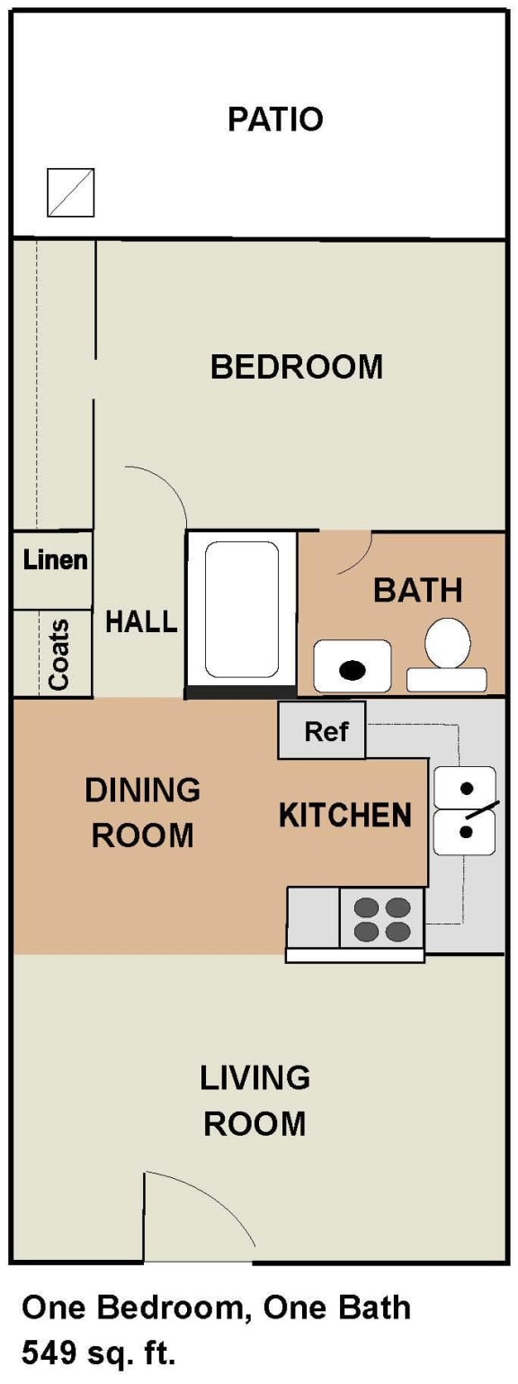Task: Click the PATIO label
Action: pos(274,120)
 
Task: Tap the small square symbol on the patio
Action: pos(70,192)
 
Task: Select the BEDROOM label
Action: pos(296,367)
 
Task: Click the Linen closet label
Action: pos(55,559)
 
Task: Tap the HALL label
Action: pos(141,621)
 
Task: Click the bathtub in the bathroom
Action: pos(241,609)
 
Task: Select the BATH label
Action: pos(417,591)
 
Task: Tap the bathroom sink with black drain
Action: pos(353,666)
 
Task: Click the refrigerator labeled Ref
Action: pos(322,730)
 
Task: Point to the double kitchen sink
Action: pos(465,810)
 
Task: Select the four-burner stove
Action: pos(381,919)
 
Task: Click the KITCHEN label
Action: pos(344,815)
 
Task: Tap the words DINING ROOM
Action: pos(142,813)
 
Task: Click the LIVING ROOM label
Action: pos(255,1100)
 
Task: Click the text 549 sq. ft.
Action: pos(100,1351)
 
